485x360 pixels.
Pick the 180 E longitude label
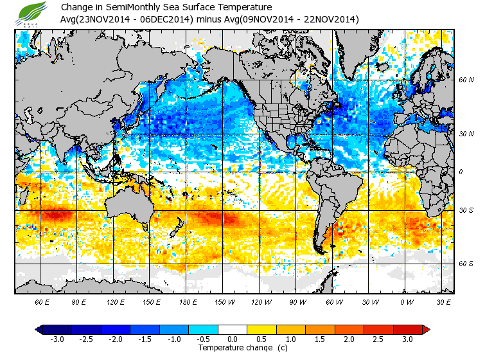point(188,301)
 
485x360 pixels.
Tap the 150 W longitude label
point(224,301)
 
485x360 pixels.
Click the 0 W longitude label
point(406,301)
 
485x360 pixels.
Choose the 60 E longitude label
point(42,301)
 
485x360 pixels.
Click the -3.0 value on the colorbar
point(57,339)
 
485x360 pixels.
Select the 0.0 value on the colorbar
point(233,339)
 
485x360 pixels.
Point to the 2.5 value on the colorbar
point(378,339)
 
